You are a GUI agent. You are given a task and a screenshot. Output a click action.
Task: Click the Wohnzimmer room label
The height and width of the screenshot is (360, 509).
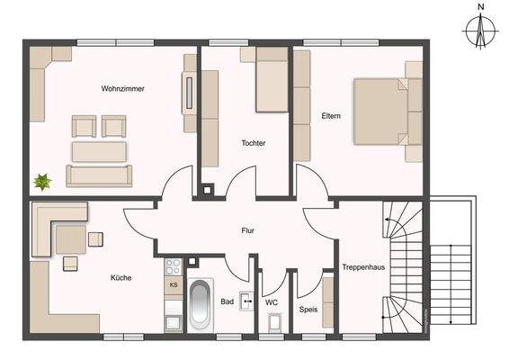[123, 89]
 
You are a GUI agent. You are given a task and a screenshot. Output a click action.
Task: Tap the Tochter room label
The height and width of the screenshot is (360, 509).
[254, 143]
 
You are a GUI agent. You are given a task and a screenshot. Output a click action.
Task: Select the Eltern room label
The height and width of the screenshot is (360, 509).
[330, 115]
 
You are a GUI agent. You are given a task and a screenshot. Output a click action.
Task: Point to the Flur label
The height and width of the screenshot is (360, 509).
[248, 231]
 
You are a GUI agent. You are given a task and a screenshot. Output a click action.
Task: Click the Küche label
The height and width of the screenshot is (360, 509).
[121, 278]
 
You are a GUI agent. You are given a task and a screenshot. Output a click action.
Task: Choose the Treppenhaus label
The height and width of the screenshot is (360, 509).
[363, 266]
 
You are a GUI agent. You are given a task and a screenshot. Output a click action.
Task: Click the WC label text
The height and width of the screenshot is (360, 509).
[271, 303]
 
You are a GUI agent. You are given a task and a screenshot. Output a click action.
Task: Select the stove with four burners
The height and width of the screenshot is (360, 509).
[174, 265]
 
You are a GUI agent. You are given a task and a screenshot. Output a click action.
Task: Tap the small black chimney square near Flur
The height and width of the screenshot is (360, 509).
[209, 190]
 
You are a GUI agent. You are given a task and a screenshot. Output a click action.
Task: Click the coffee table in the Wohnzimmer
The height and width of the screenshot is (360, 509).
[98, 150]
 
